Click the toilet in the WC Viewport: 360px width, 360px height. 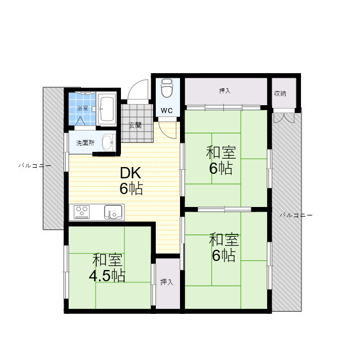pyautogui.click(x=167, y=88)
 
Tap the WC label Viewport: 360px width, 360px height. pyautogui.click(x=166, y=111)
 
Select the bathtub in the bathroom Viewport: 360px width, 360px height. pyautogui.click(x=107, y=109)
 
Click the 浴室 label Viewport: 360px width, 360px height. pyautogui.click(x=83, y=108)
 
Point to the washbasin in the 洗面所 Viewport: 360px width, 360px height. pyautogui.click(x=109, y=142)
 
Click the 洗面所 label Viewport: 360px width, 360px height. pyautogui.click(x=85, y=143)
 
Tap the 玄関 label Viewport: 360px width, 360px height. pyautogui.click(x=135, y=125)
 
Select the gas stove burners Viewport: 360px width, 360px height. pyautogui.click(x=82, y=212)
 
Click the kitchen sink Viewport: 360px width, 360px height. pyautogui.click(x=113, y=212)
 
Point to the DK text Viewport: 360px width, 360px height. pyautogui.click(x=130, y=173)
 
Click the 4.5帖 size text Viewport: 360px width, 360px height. pyautogui.click(x=107, y=276)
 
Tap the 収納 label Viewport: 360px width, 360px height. pyautogui.click(x=280, y=93)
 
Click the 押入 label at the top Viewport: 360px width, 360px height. pyautogui.click(x=224, y=91)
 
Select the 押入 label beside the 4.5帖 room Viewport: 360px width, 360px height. pyautogui.click(x=166, y=282)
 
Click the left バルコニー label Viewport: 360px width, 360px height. pyautogui.click(x=35, y=165)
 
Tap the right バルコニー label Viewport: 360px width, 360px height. pyautogui.click(x=296, y=215)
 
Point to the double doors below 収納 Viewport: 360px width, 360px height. pyautogui.click(x=283, y=118)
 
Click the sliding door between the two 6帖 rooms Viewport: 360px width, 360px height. pyautogui.click(x=224, y=209)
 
